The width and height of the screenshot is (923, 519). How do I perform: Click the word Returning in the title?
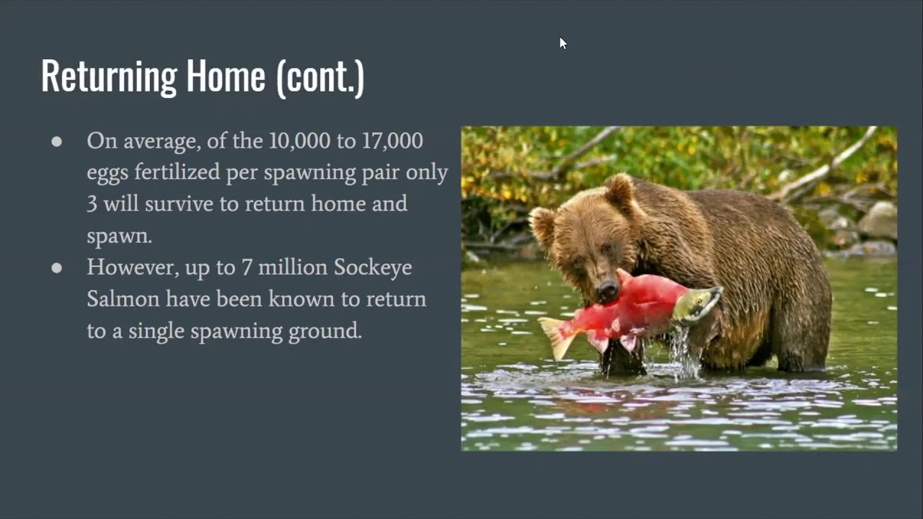tap(109, 77)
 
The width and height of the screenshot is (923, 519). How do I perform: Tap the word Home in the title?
tap(226, 77)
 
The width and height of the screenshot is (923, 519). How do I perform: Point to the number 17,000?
tap(392, 141)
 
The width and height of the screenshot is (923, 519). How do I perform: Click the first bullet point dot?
tap(57, 142)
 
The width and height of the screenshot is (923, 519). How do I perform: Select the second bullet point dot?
tap(57, 268)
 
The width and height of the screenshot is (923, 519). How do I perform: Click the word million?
tap(292, 267)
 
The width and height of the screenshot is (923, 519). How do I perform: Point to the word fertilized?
tap(180, 173)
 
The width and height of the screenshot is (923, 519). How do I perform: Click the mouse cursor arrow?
tap(562, 43)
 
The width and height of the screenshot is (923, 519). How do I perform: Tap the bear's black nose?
tap(607, 290)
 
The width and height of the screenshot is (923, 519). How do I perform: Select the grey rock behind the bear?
tap(878, 221)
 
